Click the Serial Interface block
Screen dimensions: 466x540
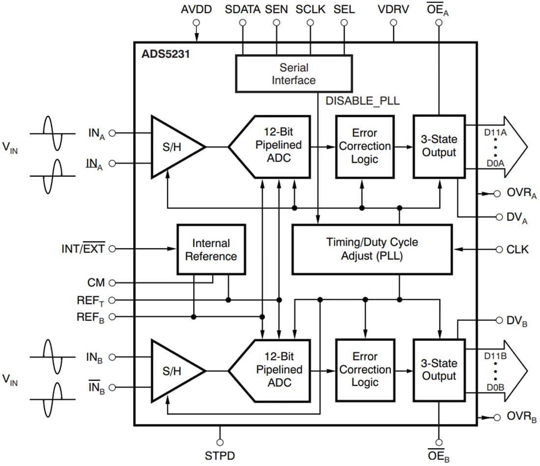[x=294, y=73]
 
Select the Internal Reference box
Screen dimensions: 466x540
[x=211, y=249]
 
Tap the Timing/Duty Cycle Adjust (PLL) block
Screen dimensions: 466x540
[x=372, y=249]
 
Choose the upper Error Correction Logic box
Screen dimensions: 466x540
[x=365, y=146]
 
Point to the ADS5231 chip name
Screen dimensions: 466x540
[x=165, y=53]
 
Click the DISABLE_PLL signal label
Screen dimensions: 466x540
[x=363, y=102]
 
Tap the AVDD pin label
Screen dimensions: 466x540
[x=196, y=9]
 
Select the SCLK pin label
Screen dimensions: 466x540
[x=310, y=9]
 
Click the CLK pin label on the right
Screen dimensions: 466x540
[x=517, y=249]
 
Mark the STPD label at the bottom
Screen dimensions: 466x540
[x=220, y=456]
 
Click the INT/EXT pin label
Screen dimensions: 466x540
[x=82, y=249]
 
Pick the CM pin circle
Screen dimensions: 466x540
[x=112, y=283]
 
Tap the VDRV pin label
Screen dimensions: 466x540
[x=393, y=9]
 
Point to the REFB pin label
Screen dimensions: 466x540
[x=90, y=317]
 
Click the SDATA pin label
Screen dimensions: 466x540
[x=243, y=9]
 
